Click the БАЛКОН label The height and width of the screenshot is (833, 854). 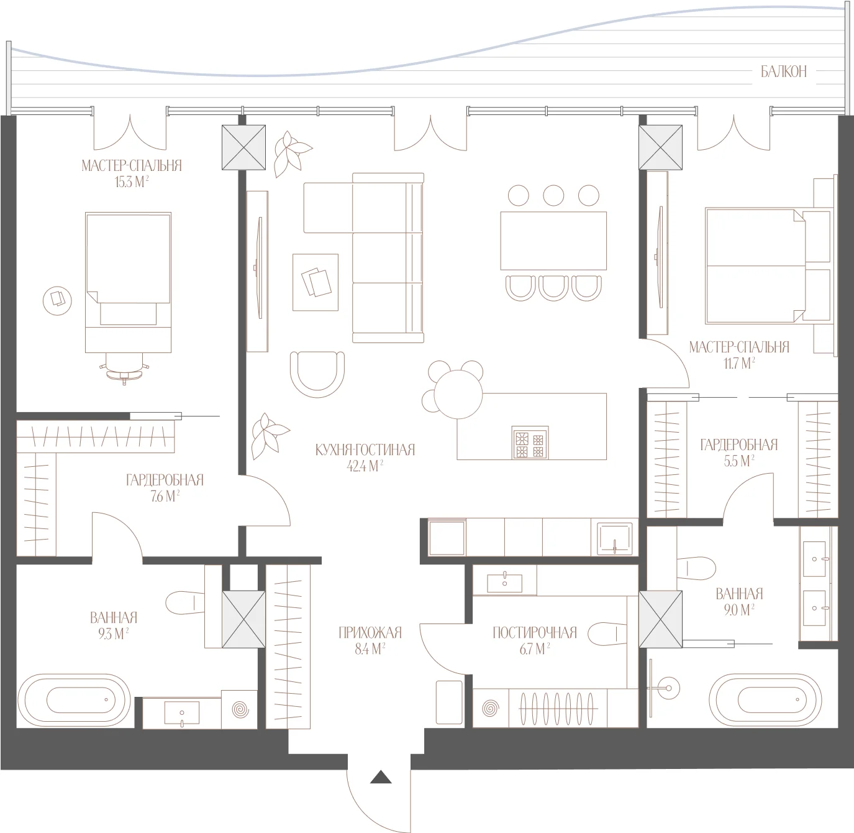click(x=783, y=71)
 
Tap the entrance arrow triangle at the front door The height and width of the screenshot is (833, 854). click(x=381, y=777)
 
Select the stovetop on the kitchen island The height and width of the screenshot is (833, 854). click(x=530, y=443)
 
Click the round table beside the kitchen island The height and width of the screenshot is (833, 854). click(x=458, y=394)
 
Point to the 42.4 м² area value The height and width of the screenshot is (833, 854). click(x=365, y=466)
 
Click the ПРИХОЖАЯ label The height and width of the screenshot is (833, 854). click(x=370, y=633)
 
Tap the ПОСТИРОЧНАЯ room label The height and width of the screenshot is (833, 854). click(x=535, y=633)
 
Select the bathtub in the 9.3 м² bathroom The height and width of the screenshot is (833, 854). click(x=74, y=700)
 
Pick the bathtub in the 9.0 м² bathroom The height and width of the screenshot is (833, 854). click(x=765, y=700)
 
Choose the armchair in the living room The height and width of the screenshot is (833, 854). click(x=317, y=374)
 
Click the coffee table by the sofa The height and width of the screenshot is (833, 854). click(x=316, y=282)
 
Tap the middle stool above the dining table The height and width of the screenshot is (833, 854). click(x=553, y=195)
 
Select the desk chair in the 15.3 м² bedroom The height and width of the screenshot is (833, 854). click(x=125, y=370)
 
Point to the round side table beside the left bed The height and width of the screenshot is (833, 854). click(x=57, y=301)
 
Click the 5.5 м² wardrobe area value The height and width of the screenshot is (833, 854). click(x=739, y=461)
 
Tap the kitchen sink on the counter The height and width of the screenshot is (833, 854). click(x=614, y=538)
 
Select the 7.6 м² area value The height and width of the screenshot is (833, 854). click(x=165, y=496)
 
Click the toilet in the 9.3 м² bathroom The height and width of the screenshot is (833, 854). click(x=184, y=603)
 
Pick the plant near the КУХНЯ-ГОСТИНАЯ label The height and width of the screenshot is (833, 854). click(x=268, y=436)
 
